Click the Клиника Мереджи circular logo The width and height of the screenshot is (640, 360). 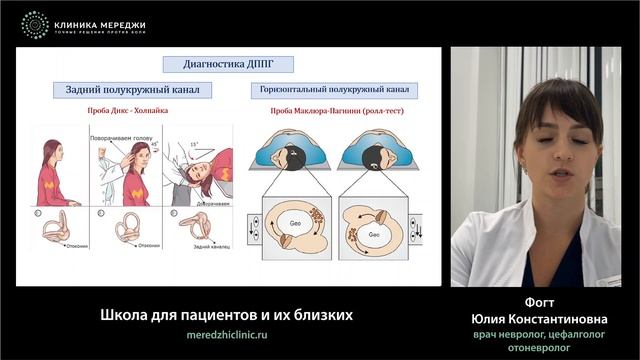tap(34, 25)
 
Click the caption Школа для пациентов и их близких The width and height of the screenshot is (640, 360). tap(226, 314)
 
